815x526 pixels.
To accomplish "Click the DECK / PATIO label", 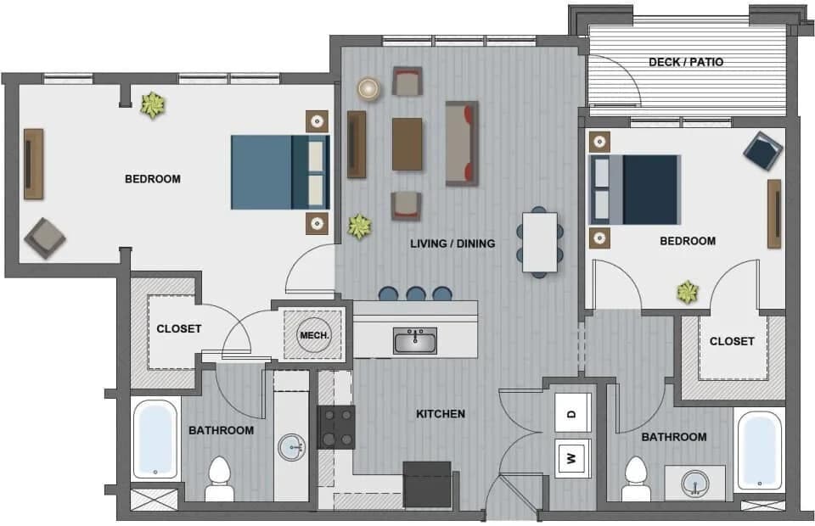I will click(x=686, y=62).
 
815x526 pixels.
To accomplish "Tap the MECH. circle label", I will click(x=313, y=334).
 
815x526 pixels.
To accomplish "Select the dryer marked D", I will click(x=572, y=414).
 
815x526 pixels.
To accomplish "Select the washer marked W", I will click(x=572, y=459).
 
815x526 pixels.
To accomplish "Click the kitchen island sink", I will click(x=415, y=341).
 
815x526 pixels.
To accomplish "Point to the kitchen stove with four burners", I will click(x=336, y=427).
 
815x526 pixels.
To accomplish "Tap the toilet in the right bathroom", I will click(x=636, y=479).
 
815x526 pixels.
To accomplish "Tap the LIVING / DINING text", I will click(x=452, y=243).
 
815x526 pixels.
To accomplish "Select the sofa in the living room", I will click(x=462, y=143).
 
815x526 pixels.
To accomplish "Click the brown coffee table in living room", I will click(x=407, y=143).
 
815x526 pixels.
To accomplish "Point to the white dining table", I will click(x=540, y=242).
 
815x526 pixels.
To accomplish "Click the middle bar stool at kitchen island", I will click(x=415, y=294).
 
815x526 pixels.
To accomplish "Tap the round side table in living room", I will click(x=368, y=88).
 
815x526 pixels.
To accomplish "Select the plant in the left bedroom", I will click(x=153, y=104).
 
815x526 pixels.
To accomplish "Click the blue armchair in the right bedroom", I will click(x=762, y=151).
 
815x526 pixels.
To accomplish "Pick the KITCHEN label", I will click(x=440, y=414).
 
